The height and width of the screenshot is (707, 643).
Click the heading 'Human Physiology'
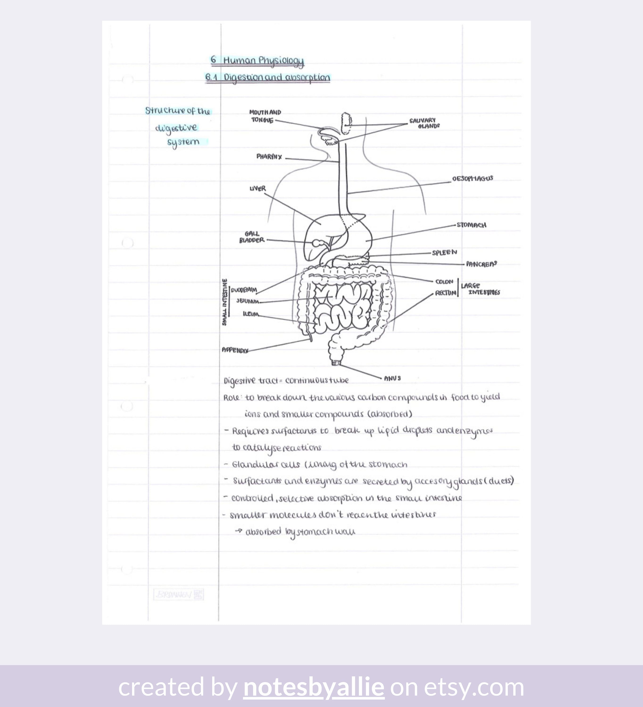point(263,61)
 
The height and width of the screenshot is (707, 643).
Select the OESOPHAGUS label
point(473,178)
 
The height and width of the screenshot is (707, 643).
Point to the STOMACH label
point(472,225)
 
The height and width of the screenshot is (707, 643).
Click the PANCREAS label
point(481,264)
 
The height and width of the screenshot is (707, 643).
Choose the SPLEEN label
point(444,252)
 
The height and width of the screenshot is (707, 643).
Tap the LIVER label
point(257,189)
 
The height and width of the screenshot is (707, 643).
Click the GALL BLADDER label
point(252,237)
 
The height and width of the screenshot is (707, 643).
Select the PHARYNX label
point(269,156)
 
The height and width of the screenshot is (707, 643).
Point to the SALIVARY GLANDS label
point(424,123)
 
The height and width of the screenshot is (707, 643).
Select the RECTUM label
point(445,293)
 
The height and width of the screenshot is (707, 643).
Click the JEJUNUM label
point(247,301)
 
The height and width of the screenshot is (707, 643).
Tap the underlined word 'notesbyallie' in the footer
point(314,687)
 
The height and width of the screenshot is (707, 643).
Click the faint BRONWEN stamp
point(178,594)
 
